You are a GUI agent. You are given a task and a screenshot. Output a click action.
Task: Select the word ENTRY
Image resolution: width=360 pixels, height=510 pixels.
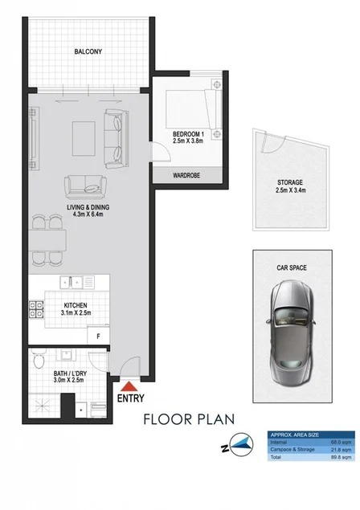tap(131, 398)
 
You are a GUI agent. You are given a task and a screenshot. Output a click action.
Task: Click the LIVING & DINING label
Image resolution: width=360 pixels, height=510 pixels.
tap(88, 206)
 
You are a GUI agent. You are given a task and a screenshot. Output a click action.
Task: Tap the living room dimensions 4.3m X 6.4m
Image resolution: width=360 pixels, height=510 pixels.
tap(88, 214)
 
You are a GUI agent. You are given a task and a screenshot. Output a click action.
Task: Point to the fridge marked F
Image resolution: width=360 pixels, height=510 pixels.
tap(99, 334)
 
